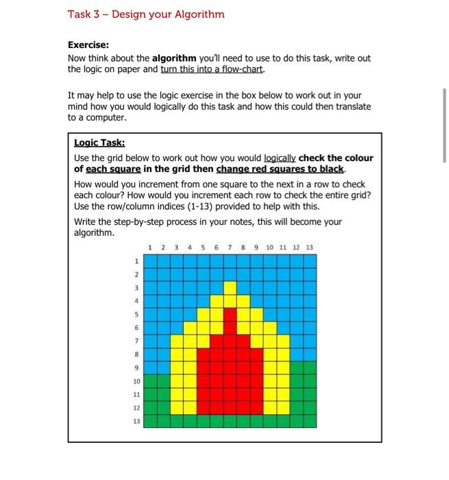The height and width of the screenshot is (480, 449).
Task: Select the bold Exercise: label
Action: (88, 45)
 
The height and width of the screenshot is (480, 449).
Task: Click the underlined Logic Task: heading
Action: (99, 143)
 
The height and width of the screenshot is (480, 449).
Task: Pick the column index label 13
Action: (309, 247)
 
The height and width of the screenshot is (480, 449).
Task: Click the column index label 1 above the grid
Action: (150, 247)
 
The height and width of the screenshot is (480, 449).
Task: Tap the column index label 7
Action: (230, 247)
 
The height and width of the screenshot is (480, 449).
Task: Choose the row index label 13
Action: (136, 421)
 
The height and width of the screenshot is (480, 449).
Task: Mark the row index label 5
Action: (136, 315)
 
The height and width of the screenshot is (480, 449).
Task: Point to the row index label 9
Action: (136, 368)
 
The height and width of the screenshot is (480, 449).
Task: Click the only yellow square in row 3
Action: (230, 288)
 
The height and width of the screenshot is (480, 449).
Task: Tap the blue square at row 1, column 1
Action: (150, 261)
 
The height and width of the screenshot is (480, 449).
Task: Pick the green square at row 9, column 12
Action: (296, 368)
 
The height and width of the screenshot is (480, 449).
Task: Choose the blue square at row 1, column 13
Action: (309, 261)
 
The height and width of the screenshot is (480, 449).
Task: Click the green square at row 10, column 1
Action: (150, 381)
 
